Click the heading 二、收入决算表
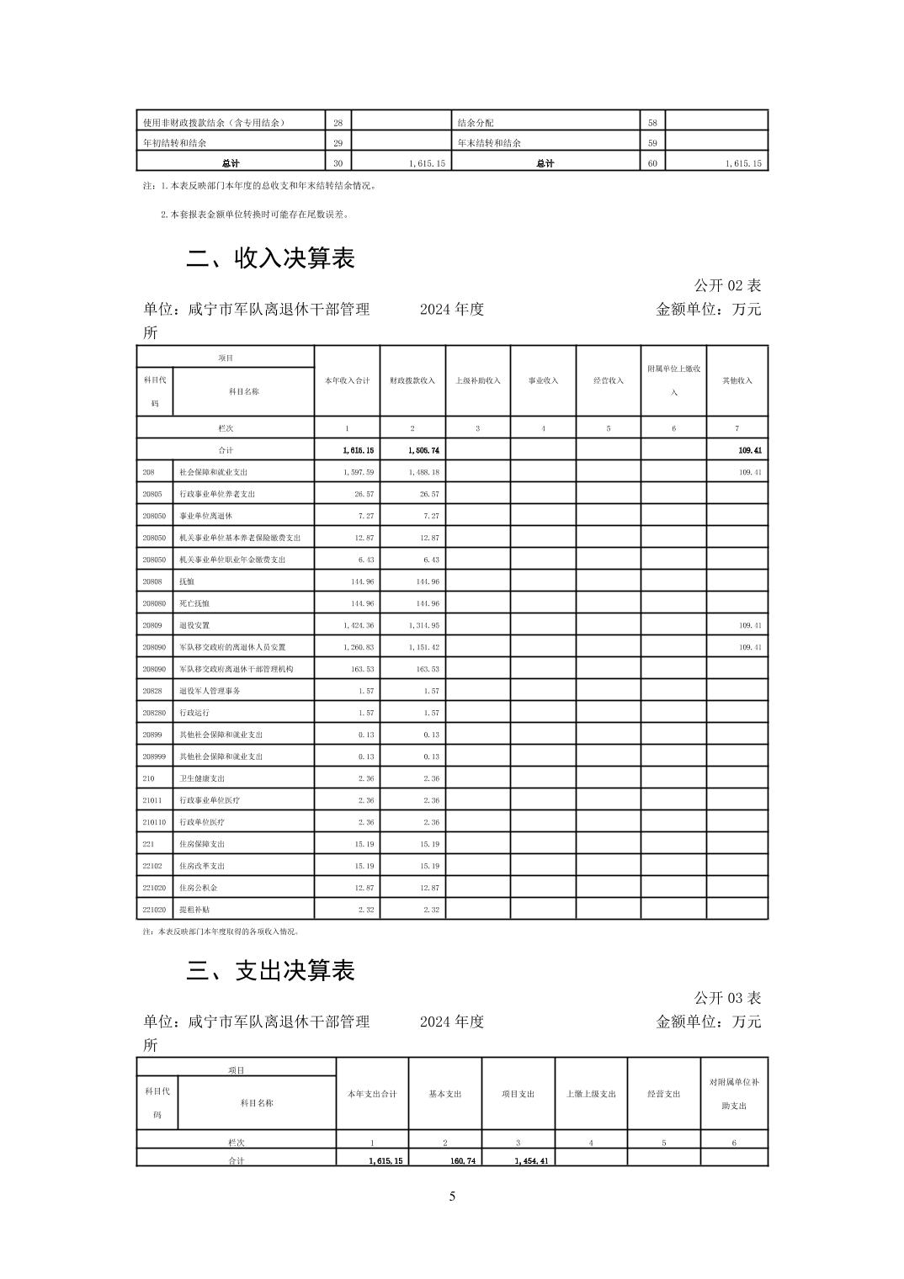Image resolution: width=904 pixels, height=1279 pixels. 270,258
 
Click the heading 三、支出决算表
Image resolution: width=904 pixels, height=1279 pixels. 270,970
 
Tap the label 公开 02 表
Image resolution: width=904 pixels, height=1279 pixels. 727,286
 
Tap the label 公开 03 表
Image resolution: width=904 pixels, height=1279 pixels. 727,998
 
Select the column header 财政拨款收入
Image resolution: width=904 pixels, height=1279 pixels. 412,380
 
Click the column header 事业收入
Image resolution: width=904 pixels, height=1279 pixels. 543,380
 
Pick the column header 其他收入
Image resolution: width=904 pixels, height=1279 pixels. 737,380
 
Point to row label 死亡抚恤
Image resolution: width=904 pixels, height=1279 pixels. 194,603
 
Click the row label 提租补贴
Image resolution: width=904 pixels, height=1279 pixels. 194,910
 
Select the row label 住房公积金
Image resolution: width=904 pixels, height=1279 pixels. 198,888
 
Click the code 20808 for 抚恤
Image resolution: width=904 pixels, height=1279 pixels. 152,581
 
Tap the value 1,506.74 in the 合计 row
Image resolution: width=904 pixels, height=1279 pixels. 424,451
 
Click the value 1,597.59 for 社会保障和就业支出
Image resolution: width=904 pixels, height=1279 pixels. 359,473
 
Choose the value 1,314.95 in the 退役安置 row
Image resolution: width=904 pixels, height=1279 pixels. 424,625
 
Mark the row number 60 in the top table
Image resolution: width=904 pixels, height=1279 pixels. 652,163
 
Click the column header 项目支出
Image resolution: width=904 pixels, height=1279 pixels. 518,1094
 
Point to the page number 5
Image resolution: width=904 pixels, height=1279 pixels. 452,1197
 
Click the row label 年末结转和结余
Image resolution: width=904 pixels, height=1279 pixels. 489,143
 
